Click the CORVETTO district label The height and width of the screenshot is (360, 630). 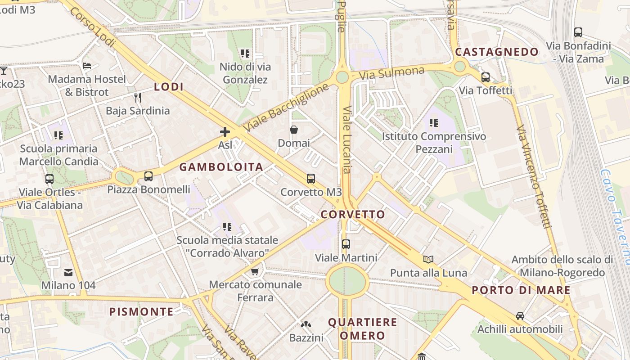[x=353, y=214]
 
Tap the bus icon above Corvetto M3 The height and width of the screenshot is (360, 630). [x=310, y=179]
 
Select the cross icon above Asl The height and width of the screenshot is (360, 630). [x=225, y=132]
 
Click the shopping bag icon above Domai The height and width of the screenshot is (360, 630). [x=294, y=130]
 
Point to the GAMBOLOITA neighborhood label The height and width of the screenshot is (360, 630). [x=221, y=167]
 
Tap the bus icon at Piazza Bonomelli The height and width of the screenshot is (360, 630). [x=148, y=176]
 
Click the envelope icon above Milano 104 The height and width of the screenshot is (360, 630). [x=68, y=272]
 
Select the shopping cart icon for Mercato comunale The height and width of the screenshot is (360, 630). [x=255, y=271]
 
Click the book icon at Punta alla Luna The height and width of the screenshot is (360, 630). [x=428, y=259]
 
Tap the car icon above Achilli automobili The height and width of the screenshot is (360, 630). [x=520, y=316]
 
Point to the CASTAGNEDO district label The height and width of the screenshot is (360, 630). [x=497, y=52]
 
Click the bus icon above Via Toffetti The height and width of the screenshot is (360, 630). [x=485, y=77]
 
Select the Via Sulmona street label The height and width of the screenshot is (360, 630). [x=392, y=73]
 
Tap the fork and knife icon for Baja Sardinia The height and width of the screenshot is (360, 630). [x=138, y=97]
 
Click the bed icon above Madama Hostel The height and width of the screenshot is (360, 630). [x=87, y=66]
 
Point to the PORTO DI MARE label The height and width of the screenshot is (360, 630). [x=521, y=290]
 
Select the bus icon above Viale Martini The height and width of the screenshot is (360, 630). [x=346, y=244]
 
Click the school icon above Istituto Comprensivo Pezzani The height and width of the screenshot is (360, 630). [x=434, y=122]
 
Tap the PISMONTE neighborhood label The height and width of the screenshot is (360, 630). [x=141, y=311]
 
